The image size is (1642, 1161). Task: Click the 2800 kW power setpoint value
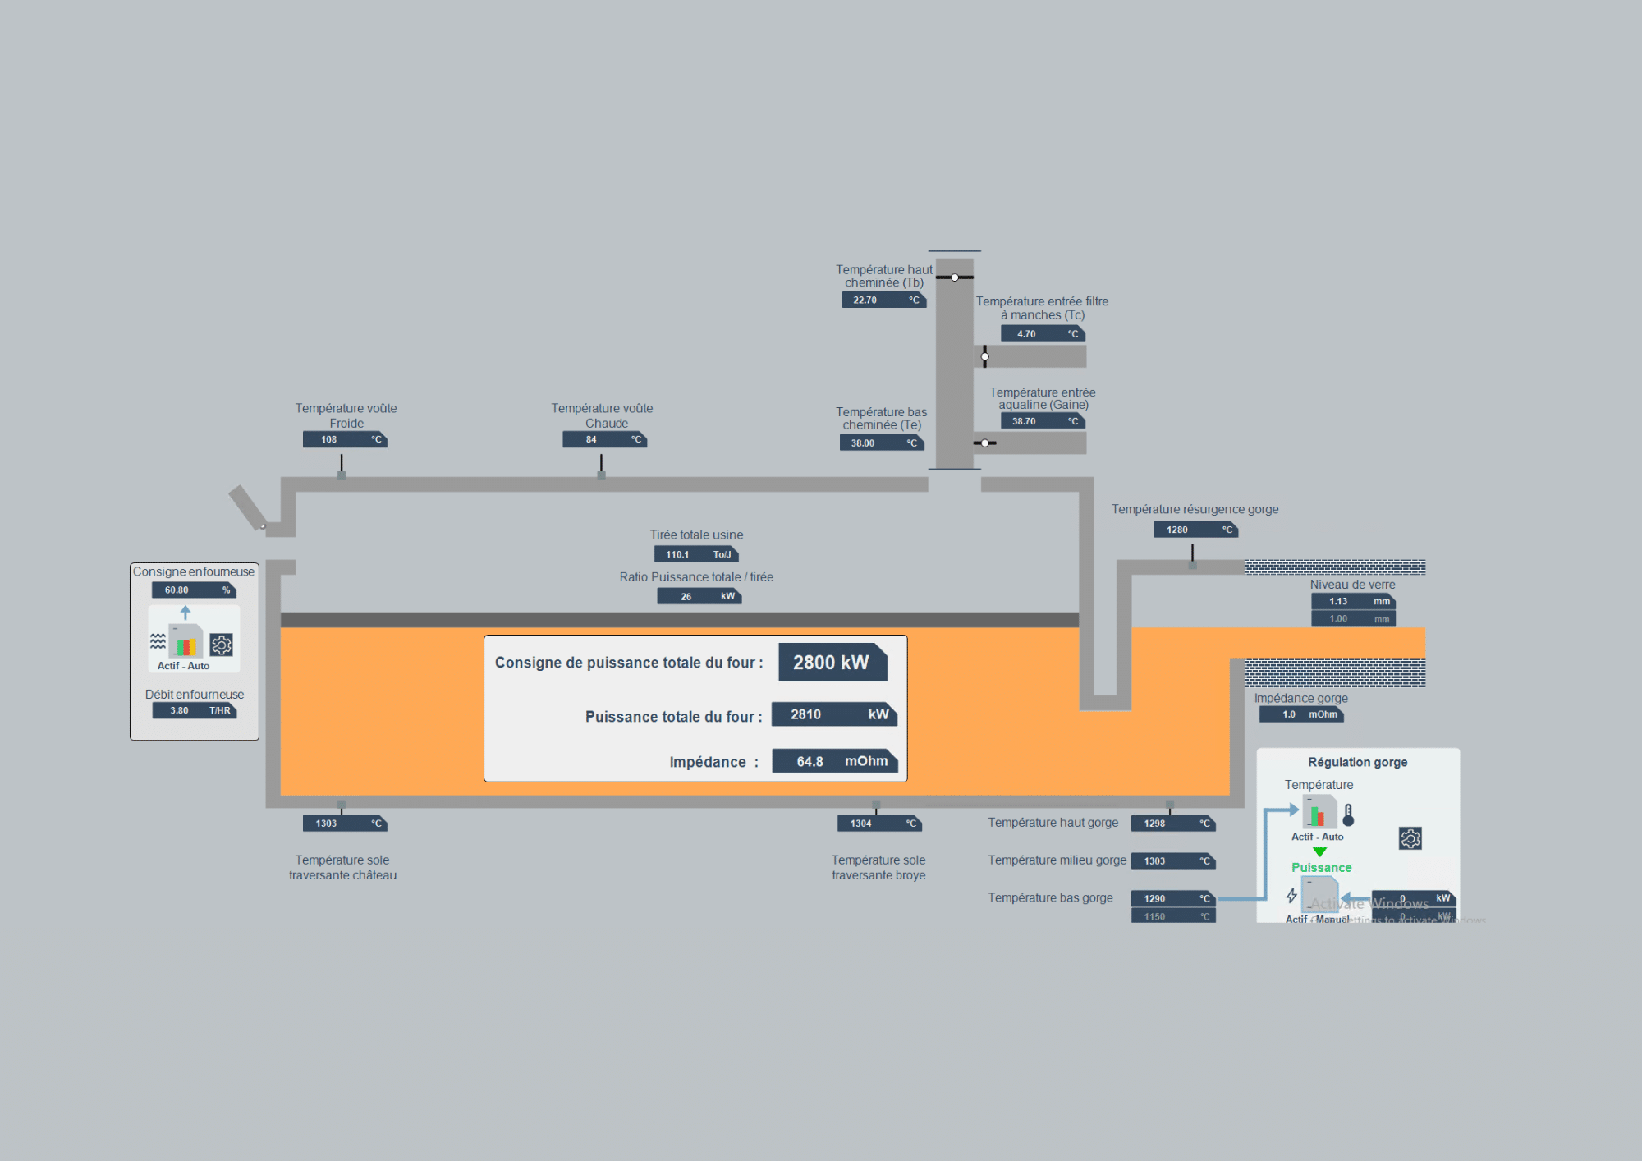click(x=832, y=663)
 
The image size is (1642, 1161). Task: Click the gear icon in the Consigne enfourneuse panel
click(x=221, y=645)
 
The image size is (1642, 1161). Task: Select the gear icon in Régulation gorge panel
click(x=1410, y=838)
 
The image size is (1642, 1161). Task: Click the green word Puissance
click(x=1321, y=868)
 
